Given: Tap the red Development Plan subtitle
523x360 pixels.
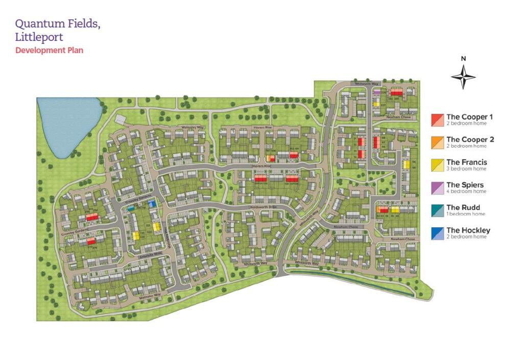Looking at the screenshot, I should pyautogui.click(x=49, y=50).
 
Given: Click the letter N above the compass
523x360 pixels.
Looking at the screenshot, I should pyautogui.click(x=463, y=58).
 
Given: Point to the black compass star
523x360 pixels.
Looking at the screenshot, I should pyautogui.click(x=463, y=78).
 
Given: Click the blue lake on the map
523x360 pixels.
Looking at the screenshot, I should pyautogui.click(x=66, y=123).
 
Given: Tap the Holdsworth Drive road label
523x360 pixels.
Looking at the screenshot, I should pyautogui.click(x=263, y=207).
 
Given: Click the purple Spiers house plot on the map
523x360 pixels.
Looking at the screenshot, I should pyautogui.click(x=377, y=92).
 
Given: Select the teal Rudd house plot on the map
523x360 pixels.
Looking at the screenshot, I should pyautogui.click(x=131, y=208).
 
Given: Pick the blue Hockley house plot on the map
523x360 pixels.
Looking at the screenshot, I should pyautogui.click(x=151, y=204).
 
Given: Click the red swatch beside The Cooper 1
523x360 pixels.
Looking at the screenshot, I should pyautogui.click(x=437, y=120).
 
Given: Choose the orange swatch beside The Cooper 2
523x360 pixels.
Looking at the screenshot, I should pyautogui.click(x=437, y=142).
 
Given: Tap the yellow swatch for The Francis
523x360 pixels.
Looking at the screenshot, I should pyautogui.click(x=437, y=165).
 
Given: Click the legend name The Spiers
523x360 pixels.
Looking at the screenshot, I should pyautogui.click(x=465, y=185).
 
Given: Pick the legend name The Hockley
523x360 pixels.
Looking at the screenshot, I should pyautogui.click(x=468, y=230).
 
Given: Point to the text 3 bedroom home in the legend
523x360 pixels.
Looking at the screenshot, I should pyautogui.click(x=466, y=169).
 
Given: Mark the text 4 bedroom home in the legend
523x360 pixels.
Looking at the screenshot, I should pyautogui.click(x=466, y=191).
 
